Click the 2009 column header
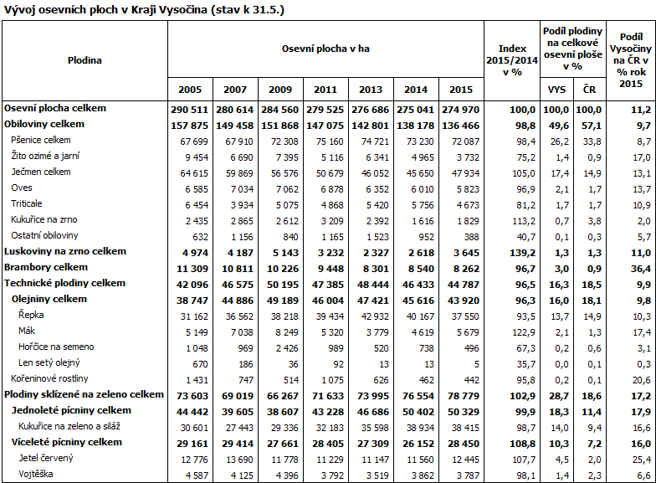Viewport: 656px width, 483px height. (280, 90)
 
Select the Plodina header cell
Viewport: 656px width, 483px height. (85, 59)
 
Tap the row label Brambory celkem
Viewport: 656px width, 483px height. (46, 267)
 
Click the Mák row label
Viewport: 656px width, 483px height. (26, 331)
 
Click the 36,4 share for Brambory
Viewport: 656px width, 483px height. (639, 268)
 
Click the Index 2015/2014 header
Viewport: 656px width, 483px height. (512, 59)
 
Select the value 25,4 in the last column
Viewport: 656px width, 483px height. (640, 459)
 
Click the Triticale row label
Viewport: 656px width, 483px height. (27, 203)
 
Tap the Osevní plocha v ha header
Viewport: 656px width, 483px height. (325, 49)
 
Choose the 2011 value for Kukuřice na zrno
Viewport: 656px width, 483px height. (325, 220)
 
